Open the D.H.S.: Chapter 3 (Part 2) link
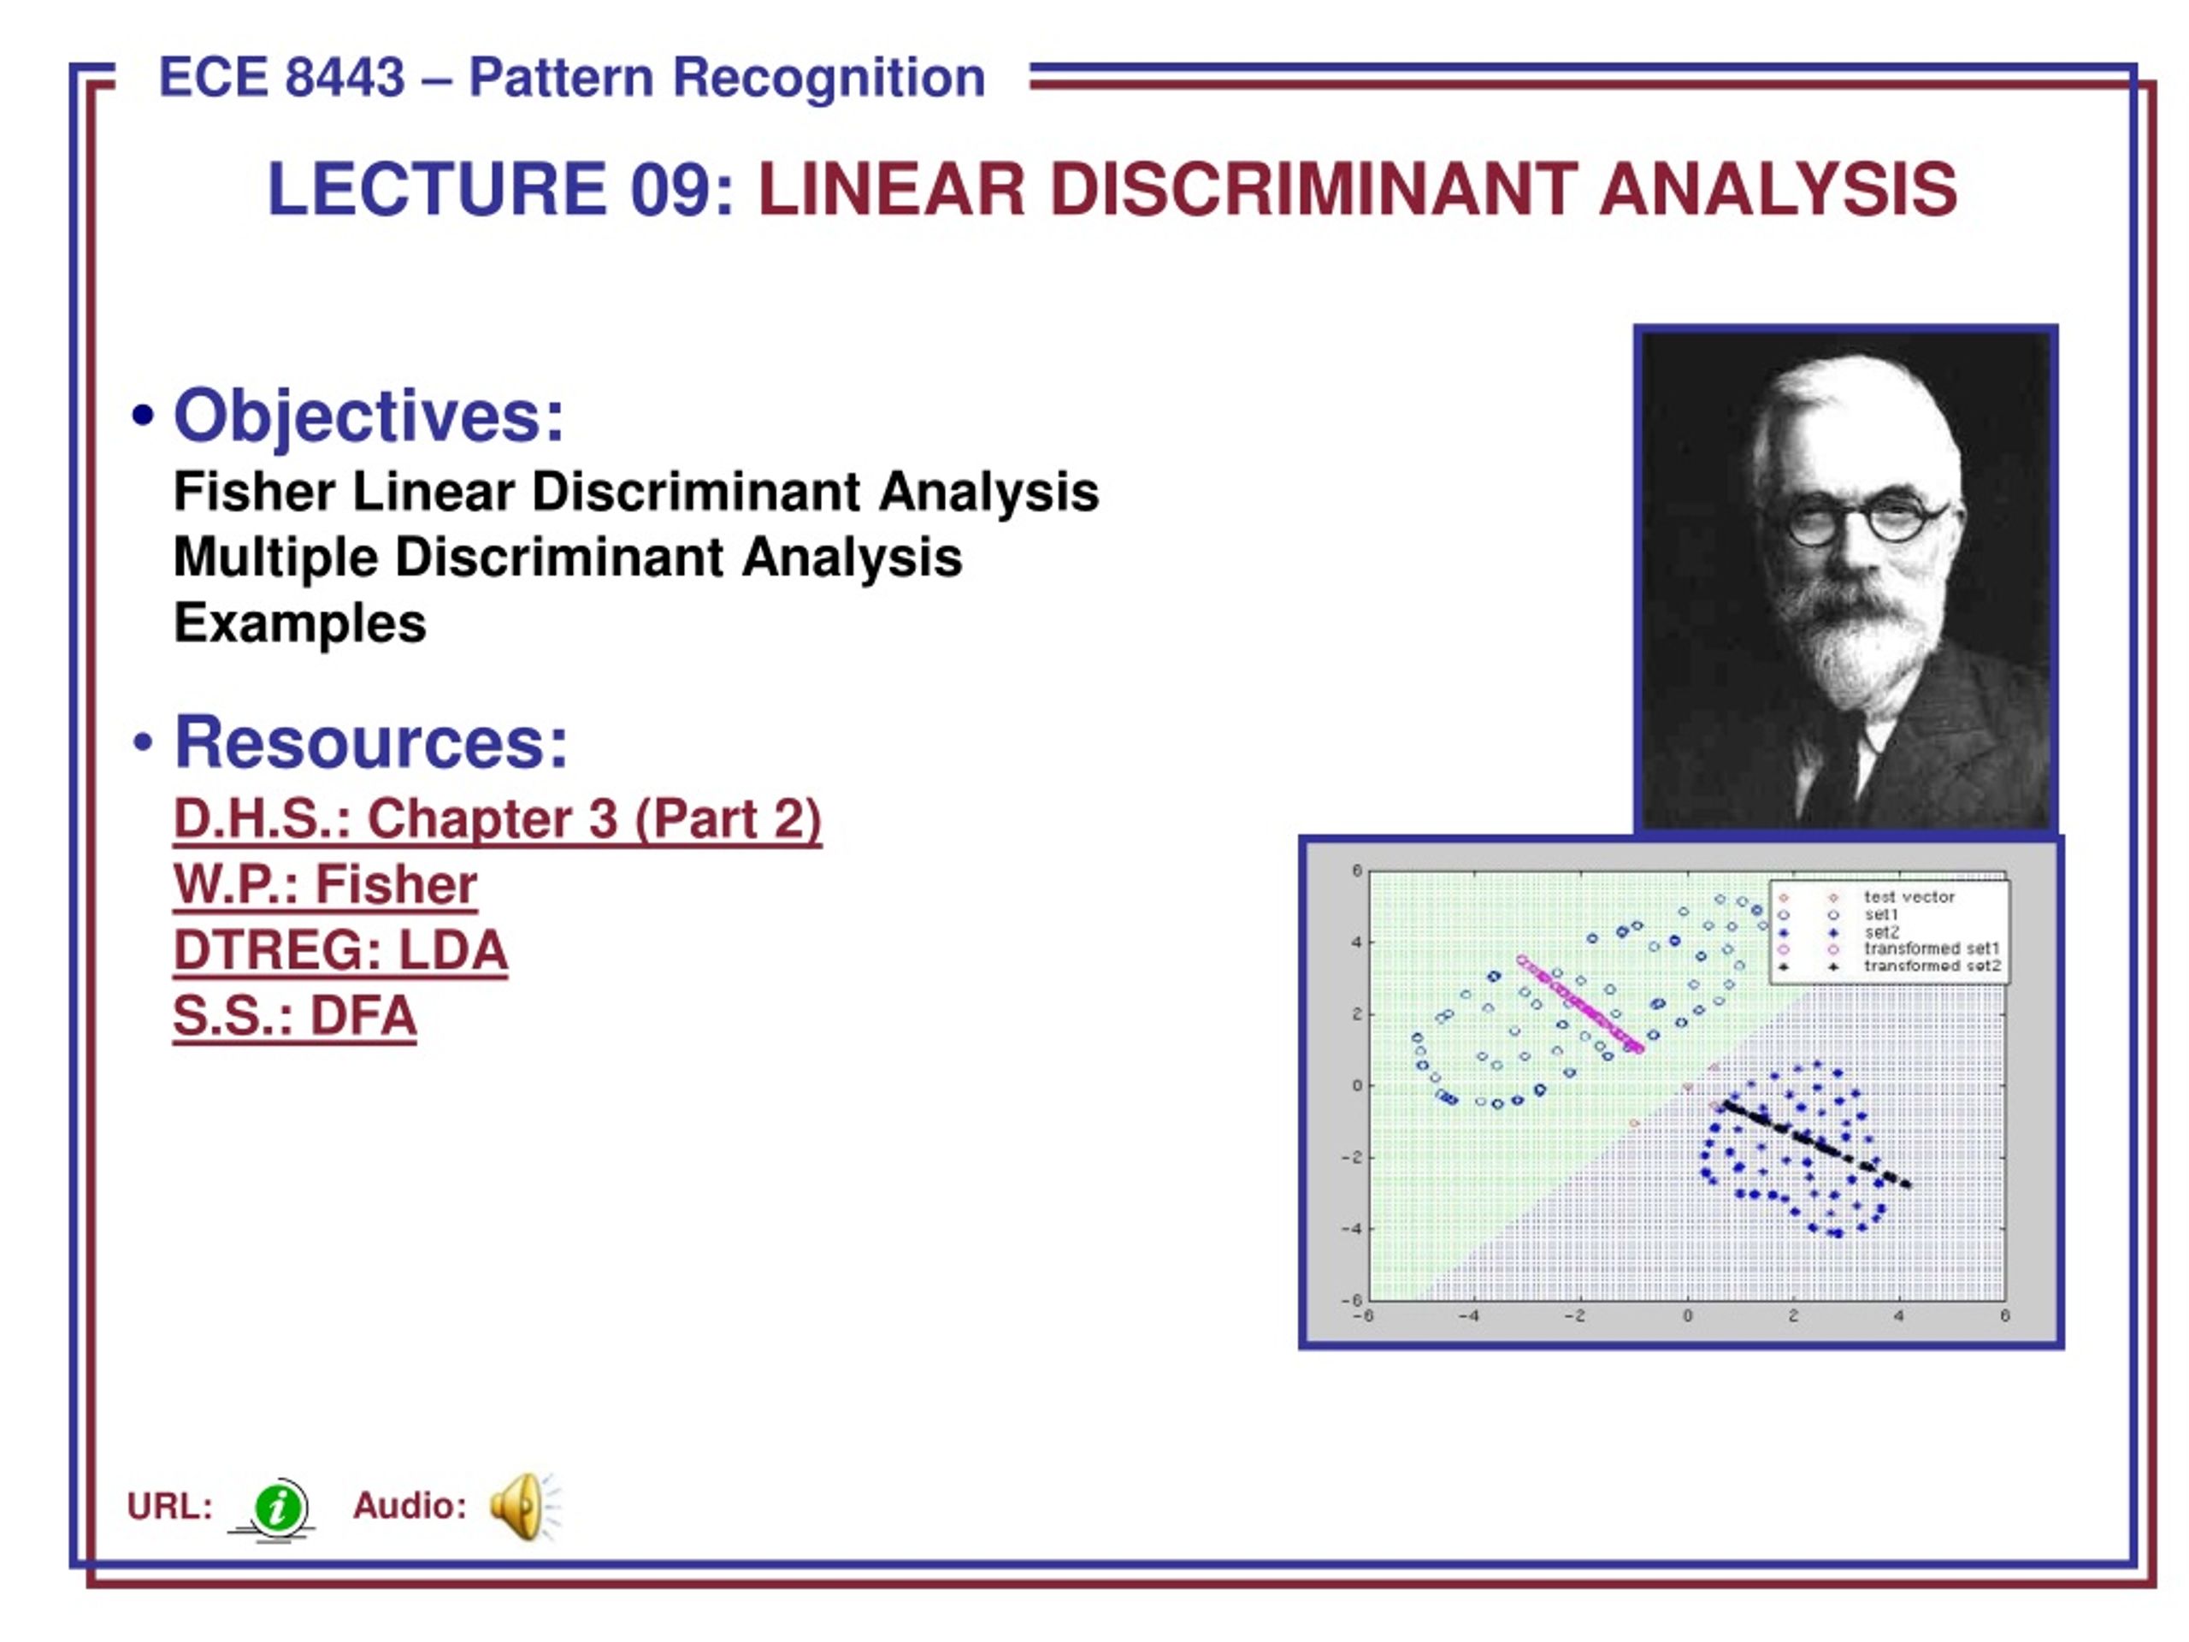tap(498, 819)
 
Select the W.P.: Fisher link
tap(326, 885)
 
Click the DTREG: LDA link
tap(340, 950)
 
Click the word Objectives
tap(369, 416)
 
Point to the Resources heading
tap(371, 742)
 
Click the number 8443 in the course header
tap(345, 77)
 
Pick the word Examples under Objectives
tap(300, 623)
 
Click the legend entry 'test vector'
tap(1909, 897)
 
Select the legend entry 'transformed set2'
tap(1932, 966)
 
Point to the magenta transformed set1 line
tap(1579, 1004)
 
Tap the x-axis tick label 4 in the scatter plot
tap(1898, 1316)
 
